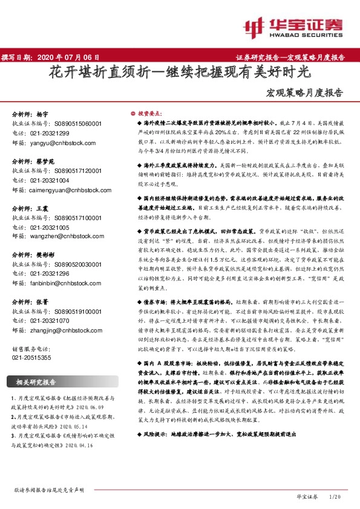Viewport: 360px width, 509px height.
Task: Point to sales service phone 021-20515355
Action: pyautogui.click(x=33, y=358)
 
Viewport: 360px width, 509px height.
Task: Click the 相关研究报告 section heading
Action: pyautogui.click(x=36, y=382)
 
